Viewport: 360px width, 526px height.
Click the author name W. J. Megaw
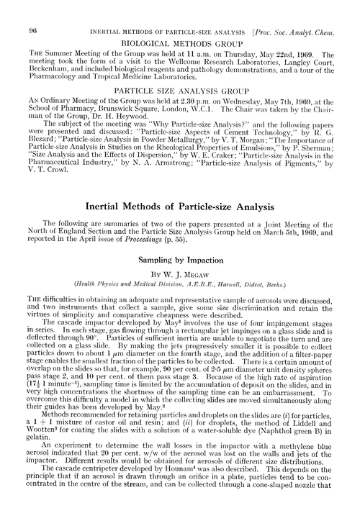tap(189, 274)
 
